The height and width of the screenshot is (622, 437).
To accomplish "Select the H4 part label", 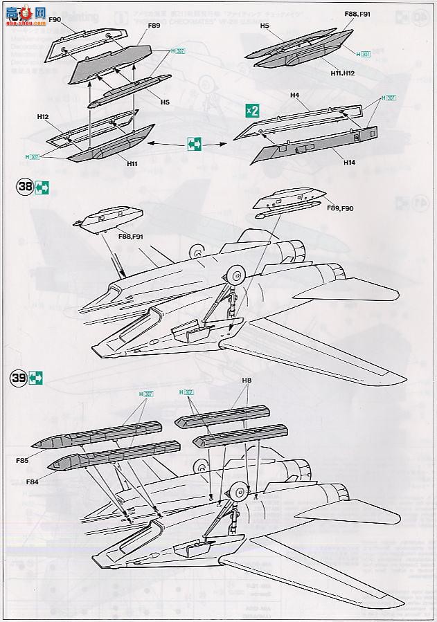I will point(294,95).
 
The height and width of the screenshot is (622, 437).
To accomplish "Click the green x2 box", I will point(253,110).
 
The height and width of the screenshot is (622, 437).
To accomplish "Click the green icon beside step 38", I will point(43,187).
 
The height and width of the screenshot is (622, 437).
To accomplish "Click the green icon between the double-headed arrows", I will point(195,144).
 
